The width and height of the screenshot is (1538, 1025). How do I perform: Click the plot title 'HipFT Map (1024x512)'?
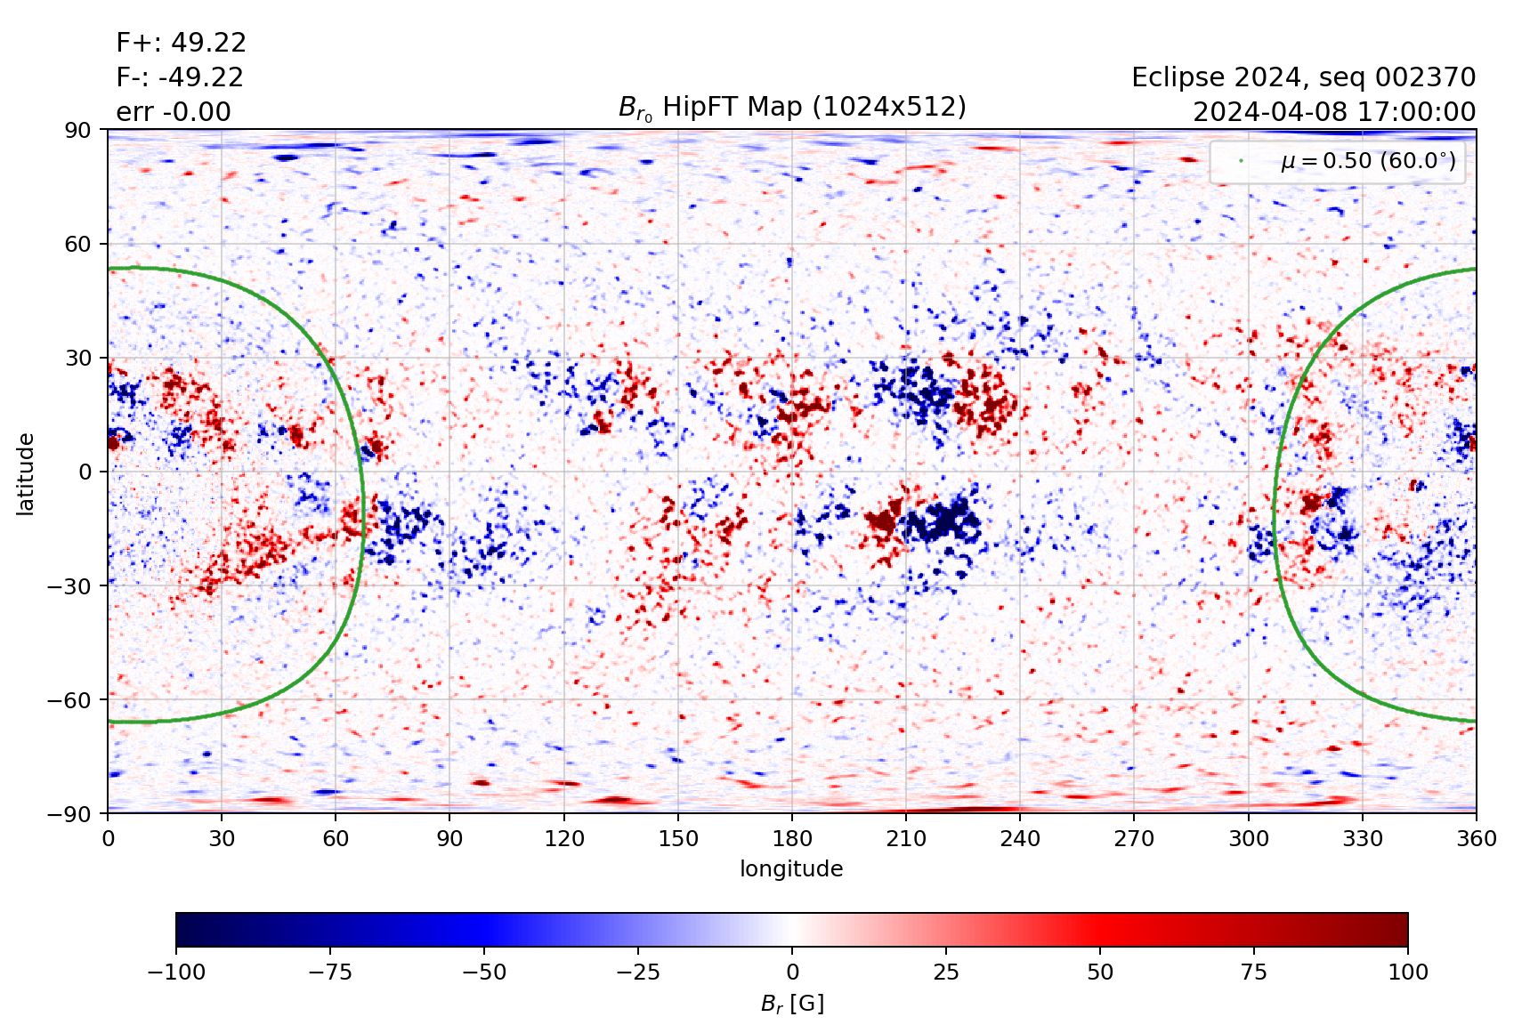click(792, 108)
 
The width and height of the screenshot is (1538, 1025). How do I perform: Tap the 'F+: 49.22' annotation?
click(181, 43)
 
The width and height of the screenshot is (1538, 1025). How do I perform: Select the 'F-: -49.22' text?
click(180, 77)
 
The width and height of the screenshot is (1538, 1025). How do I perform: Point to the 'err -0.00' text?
click(174, 112)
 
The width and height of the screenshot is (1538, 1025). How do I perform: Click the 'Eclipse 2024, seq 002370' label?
click(1303, 77)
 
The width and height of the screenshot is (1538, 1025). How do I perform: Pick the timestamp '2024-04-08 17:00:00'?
click(1333, 112)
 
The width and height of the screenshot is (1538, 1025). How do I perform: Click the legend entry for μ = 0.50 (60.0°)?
click(1367, 161)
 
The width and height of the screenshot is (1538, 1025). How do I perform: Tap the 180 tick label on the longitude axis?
click(792, 838)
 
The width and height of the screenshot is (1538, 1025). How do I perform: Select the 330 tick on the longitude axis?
click(1363, 838)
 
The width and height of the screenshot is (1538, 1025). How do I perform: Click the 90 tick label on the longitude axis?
click(449, 838)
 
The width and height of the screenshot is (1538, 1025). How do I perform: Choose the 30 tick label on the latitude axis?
click(78, 358)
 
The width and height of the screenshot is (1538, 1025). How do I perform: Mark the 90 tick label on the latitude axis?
click(78, 130)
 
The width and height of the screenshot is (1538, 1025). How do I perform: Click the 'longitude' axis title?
click(791, 868)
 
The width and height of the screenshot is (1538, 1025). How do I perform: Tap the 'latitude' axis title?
click(26, 472)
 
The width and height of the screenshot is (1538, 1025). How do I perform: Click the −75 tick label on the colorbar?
click(329, 972)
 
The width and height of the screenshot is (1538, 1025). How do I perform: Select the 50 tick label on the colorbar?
click(1100, 972)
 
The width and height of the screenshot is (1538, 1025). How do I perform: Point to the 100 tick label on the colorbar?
click(1407, 972)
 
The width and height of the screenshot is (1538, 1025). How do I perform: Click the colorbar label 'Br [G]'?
click(792, 1004)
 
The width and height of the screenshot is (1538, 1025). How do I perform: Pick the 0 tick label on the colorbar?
click(792, 972)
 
